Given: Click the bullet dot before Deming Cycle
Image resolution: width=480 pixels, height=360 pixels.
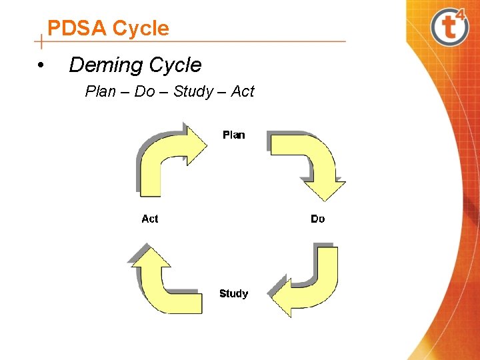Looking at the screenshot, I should (41, 66).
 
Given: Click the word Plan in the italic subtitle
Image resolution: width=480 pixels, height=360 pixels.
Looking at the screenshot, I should (101, 91).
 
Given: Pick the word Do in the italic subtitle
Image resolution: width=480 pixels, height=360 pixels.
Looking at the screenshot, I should (144, 91).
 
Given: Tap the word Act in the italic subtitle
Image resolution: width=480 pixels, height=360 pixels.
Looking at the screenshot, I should (243, 91).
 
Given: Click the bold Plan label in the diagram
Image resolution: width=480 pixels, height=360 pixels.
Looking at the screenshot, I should (233, 135).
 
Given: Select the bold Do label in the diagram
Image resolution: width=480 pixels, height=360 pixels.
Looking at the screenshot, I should (318, 219).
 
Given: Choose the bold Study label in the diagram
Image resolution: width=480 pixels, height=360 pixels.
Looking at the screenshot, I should (233, 293).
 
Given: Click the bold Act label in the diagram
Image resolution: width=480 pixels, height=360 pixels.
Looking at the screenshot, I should (150, 219).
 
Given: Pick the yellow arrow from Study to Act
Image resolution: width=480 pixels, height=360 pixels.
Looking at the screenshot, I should (160, 283).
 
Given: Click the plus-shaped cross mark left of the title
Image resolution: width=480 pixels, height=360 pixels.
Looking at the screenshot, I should (42, 42).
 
